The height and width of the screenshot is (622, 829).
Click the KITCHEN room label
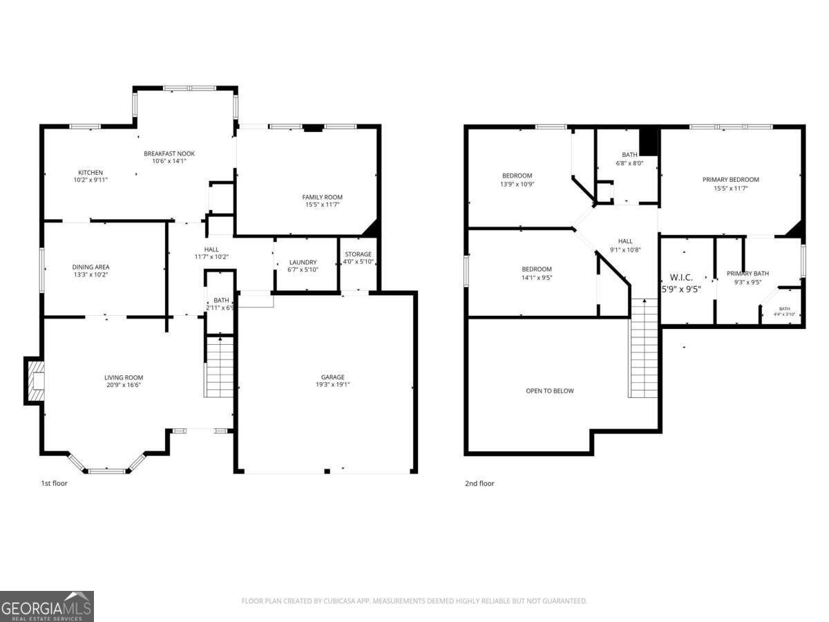[x=90, y=172]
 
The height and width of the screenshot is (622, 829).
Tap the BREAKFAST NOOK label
[x=169, y=153]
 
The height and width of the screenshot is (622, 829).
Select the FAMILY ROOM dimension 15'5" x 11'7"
[x=322, y=205]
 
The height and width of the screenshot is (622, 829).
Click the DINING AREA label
[x=90, y=267]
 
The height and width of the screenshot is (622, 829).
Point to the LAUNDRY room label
[x=303, y=262]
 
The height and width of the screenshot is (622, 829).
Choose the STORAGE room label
[x=359, y=254]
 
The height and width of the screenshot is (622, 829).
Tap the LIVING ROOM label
[x=124, y=377]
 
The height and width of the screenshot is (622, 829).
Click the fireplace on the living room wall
[x=35, y=380]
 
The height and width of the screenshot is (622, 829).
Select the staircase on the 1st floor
[x=220, y=366]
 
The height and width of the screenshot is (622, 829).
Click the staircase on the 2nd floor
[x=643, y=349]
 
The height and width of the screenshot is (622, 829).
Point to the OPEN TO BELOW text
[x=550, y=390]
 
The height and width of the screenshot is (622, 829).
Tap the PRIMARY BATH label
[x=747, y=273]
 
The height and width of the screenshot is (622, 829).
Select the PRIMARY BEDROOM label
[x=730, y=180]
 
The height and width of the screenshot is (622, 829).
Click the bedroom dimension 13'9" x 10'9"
[x=517, y=185]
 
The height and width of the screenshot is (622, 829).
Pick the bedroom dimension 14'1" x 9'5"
[x=537, y=277]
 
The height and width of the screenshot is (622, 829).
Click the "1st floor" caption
[x=54, y=483]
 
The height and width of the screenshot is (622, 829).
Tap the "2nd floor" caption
[x=479, y=483]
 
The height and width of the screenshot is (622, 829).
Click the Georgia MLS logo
[x=47, y=606]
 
